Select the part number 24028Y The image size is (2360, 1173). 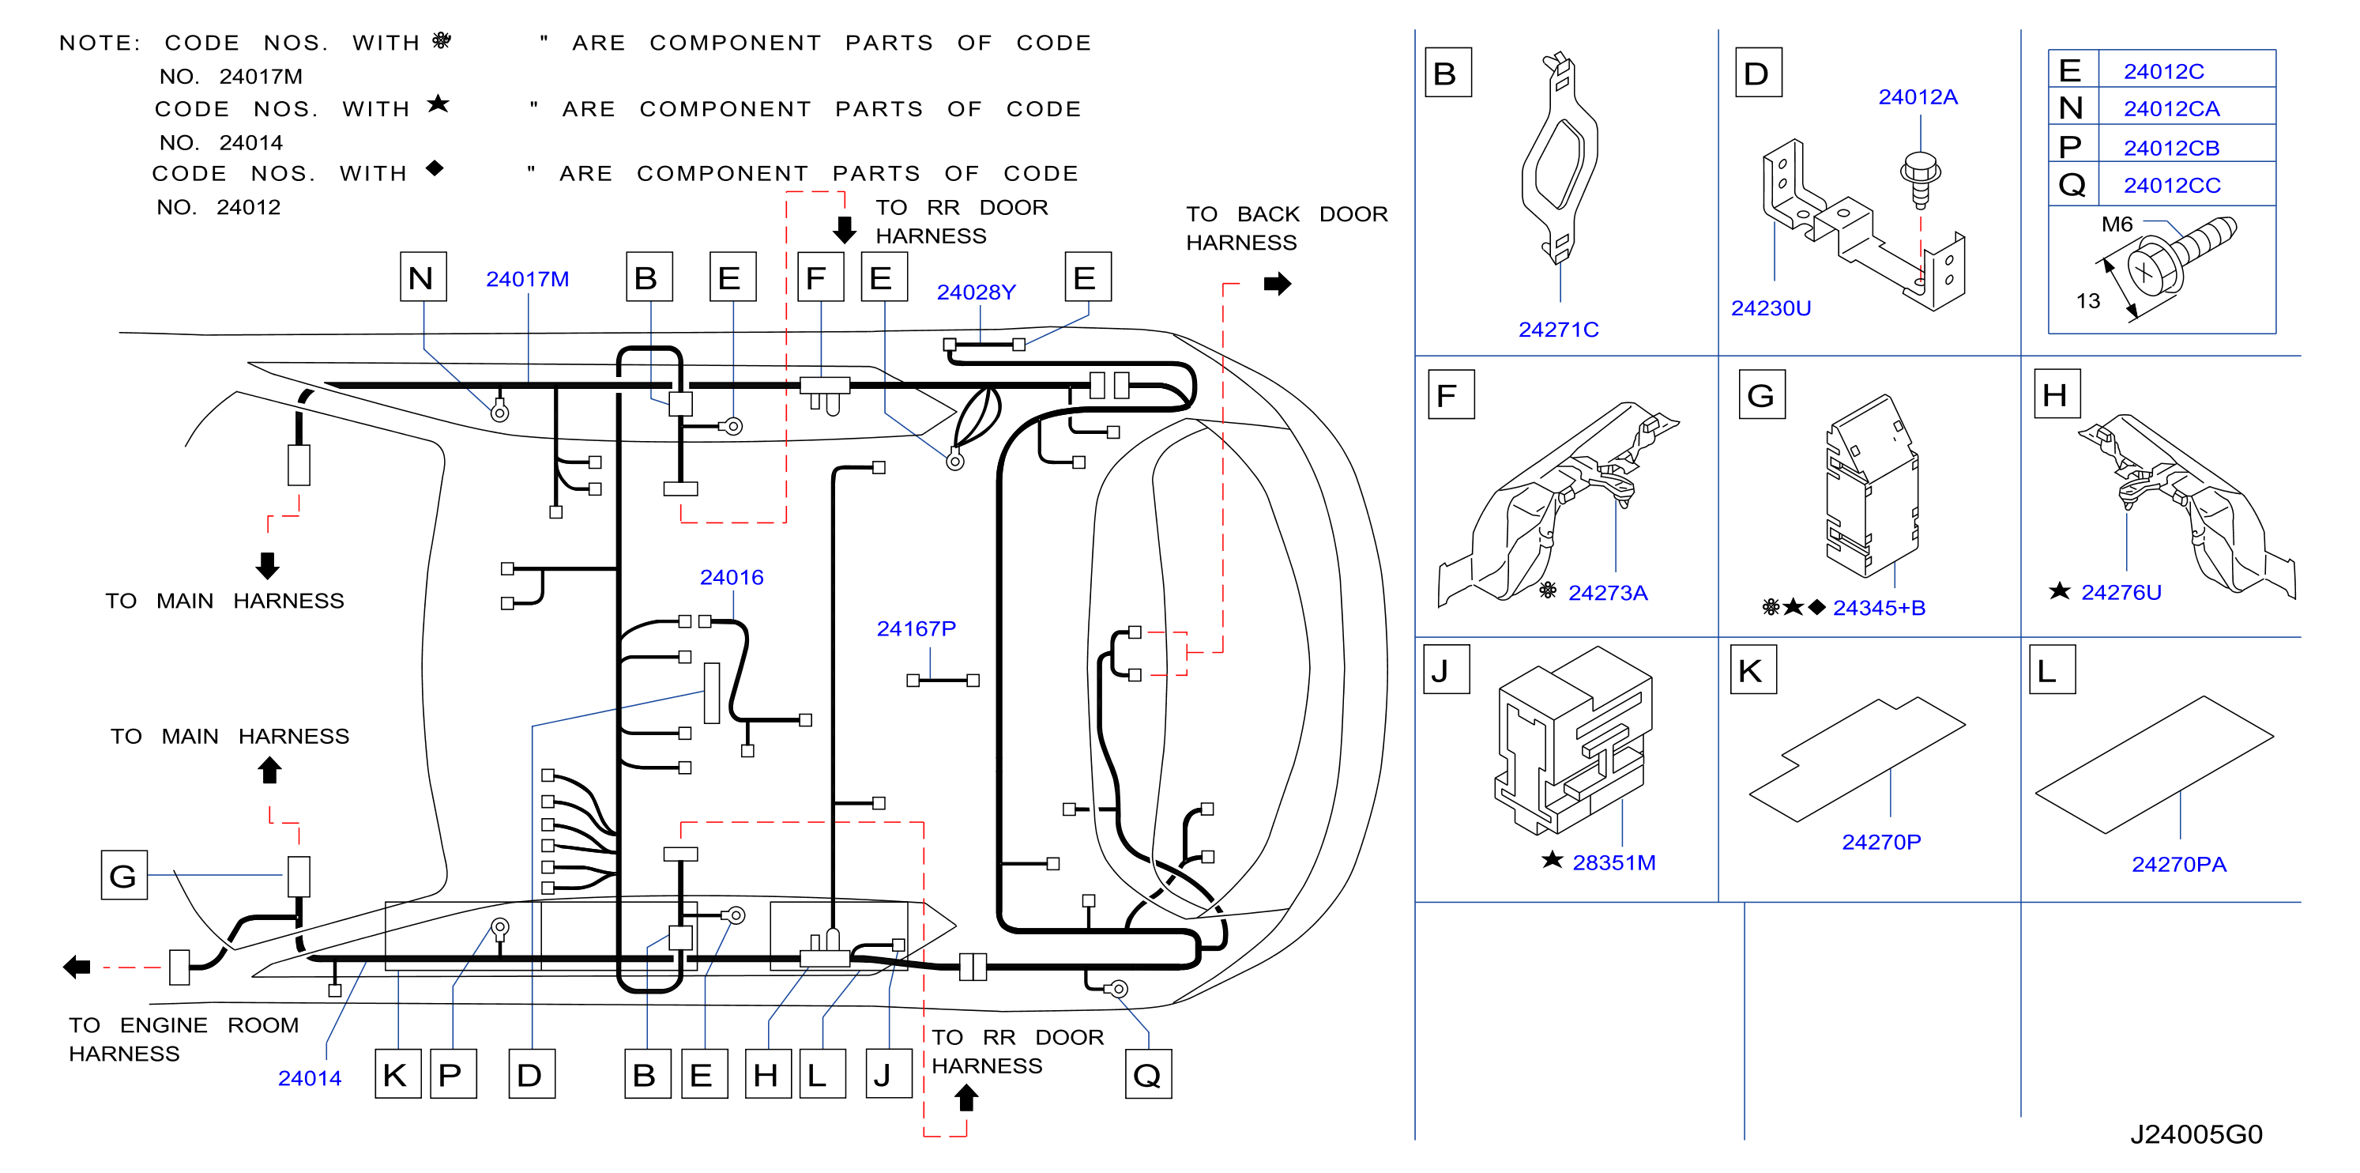pyautogui.click(x=976, y=292)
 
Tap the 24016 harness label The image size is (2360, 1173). pyautogui.click(x=731, y=577)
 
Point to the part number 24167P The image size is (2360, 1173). pyautogui.click(x=917, y=628)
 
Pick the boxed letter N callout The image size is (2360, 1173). pyautogui.click(x=423, y=277)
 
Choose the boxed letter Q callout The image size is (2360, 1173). pyautogui.click(x=1148, y=1074)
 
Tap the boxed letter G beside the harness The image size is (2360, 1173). pyautogui.click(x=124, y=875)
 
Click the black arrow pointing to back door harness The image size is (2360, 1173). pyautogui.click(x=1277, y=284)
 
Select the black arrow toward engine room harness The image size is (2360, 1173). pyautogui.click(x=77, y=966)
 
